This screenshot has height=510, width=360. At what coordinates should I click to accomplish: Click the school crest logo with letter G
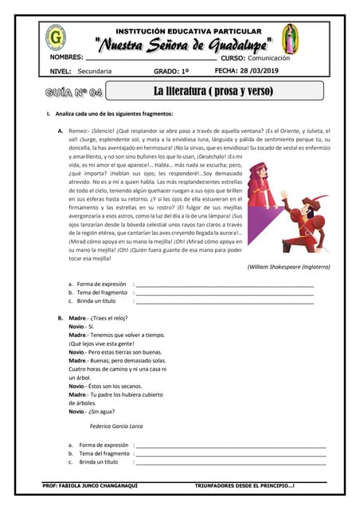[x=56, y=37]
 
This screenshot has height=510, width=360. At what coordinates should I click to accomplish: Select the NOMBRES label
[x=67, y=57]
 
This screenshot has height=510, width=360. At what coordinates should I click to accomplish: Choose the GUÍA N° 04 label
[x=74, y=92]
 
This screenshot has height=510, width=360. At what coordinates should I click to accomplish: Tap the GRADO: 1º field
[x=172, y=72]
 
